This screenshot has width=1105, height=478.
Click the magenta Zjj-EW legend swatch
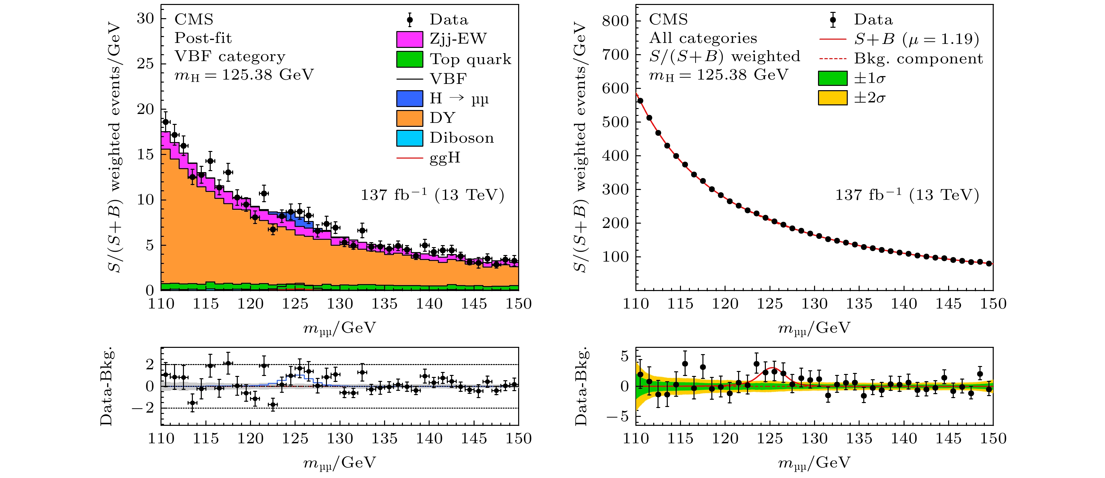[x=409, y=39]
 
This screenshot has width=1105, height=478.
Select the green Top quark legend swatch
[x=409, y=59]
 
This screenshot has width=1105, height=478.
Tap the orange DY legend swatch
[x=409, y=118]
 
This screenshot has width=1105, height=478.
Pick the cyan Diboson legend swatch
[x=409, y=138]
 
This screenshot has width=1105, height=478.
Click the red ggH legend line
[x=409, y=158]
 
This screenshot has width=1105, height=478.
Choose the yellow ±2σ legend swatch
[x=832, y=98]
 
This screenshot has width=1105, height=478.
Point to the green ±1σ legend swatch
[x=832, y=78]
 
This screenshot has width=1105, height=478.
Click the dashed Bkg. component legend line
[x=832, y=59]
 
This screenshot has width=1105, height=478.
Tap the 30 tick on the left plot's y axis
[x=145, y=18]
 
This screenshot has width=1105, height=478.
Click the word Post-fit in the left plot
[x=203, y=38]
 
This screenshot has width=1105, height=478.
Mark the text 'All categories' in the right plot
[x=703, y=38]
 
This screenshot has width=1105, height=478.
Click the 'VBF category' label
[x=230, y=56]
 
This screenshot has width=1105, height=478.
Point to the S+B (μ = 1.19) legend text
[x=916, y=39]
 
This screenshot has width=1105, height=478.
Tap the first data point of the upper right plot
[x=640, y=101]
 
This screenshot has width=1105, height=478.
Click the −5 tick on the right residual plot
[x=620, y=416]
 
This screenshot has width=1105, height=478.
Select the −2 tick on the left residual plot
[x=143, y=408]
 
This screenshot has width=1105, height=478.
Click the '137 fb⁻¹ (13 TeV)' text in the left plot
[x=432, y=195]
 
